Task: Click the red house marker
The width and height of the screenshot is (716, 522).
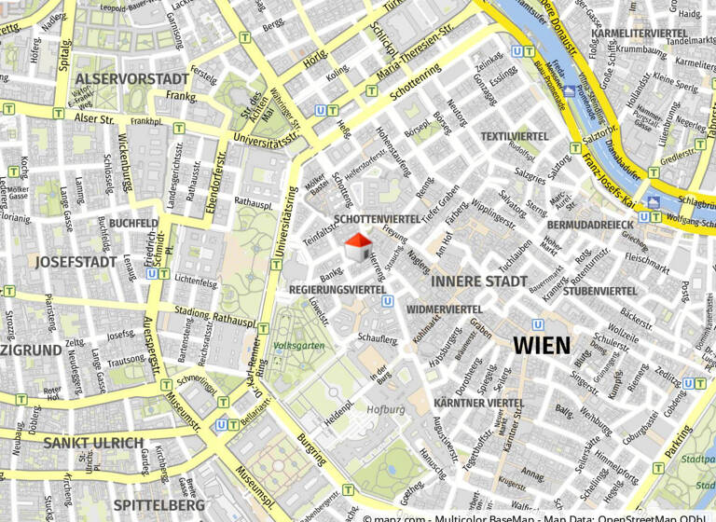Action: (x=358, y=248)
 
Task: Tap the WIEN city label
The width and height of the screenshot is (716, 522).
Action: (x=541, y=346)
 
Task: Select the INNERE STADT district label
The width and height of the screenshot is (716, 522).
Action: (x=479, y=281)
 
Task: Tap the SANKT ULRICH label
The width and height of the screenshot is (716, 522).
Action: (x=93, y=442)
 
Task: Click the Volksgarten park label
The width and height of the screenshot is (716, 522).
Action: (x=299, y=346)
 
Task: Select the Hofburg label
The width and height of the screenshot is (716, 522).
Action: (x=385, y=409)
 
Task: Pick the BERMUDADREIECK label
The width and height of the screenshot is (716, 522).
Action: (x=590, y=225)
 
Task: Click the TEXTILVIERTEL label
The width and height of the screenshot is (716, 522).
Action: (x=515, y=136)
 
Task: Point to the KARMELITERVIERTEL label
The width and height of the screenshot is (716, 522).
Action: (x=640, y=34)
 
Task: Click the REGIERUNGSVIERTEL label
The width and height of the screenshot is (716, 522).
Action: (x=338, y=290)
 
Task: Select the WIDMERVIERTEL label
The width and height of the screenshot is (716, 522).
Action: (x=445, y=309)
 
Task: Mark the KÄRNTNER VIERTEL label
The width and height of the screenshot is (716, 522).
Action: (x=479, y=403)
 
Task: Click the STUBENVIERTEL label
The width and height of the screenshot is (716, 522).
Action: (x=599, y=291)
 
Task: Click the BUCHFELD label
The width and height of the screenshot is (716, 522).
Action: (x=133, y=224)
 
